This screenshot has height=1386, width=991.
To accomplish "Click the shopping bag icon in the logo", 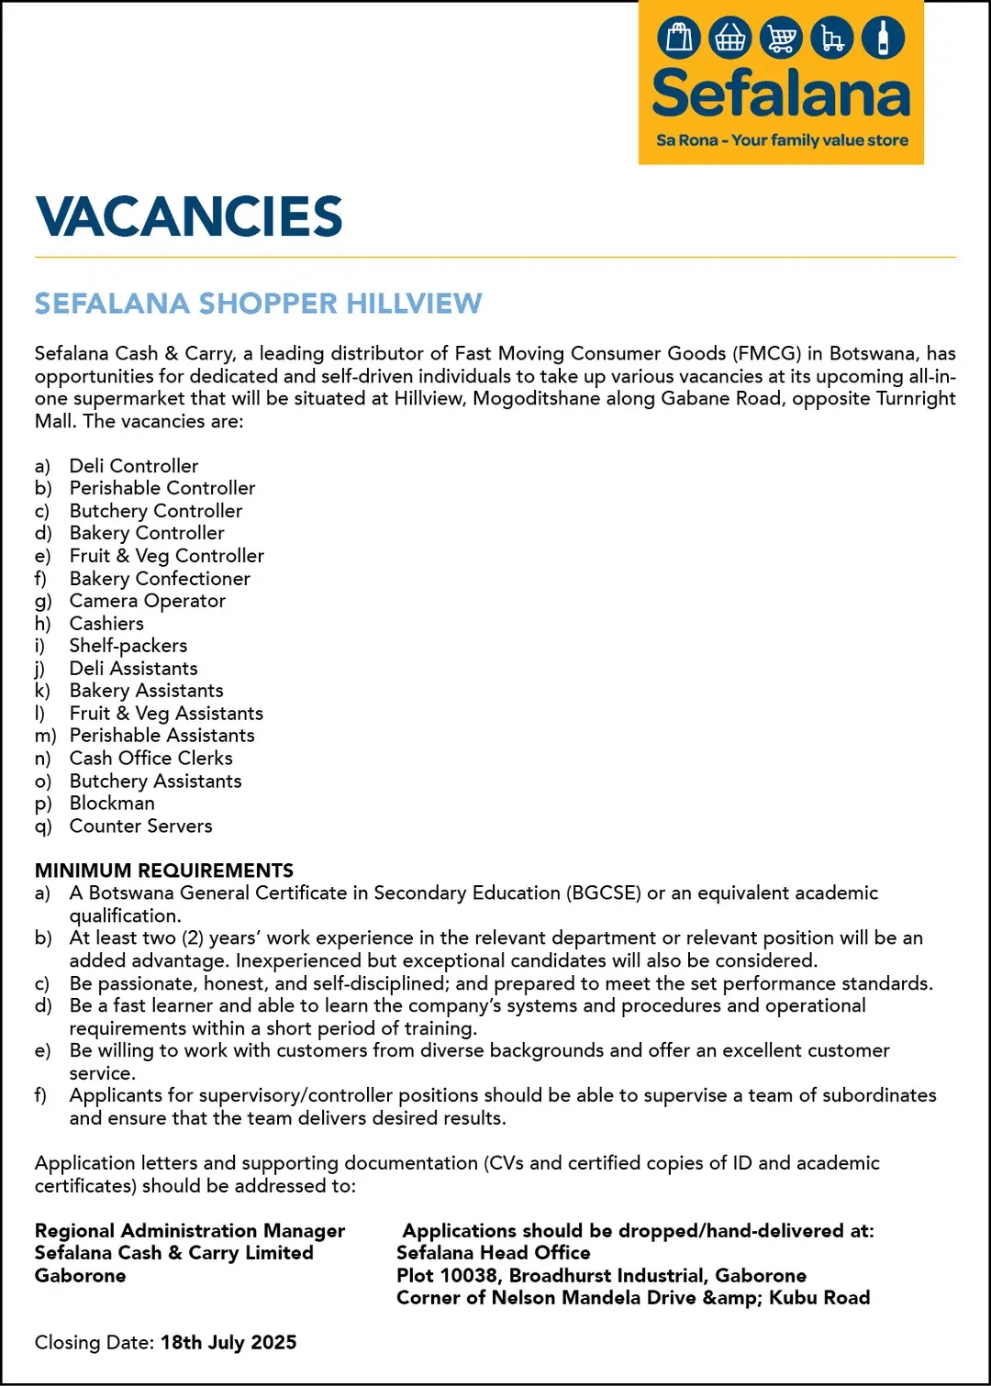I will (679, 39).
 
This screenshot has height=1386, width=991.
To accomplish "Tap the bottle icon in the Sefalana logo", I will (883, 39).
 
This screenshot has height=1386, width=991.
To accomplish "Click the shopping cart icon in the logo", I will (781, 39).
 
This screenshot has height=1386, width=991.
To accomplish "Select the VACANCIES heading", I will (189, 216).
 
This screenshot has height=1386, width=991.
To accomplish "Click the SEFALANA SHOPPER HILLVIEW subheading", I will (258, 304).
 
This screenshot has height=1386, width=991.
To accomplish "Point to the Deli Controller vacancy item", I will (134, 466).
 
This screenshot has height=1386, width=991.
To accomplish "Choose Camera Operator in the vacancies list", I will (148, 601).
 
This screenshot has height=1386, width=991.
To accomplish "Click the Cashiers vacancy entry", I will (106, 624).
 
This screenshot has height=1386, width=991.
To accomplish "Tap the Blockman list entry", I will (112, 804).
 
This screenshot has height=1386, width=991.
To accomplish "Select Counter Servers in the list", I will (140, 826).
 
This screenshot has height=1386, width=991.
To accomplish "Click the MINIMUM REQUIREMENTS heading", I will (164, 870).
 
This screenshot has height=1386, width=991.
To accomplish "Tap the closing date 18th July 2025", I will (228, 1343).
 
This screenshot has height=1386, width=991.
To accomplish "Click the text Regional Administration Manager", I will (190, 1231).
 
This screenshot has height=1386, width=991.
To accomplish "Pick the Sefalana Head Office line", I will (494, 1253).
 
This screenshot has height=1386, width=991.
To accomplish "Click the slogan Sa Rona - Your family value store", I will (782, 140).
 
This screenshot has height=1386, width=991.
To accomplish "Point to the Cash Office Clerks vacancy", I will (151, 759).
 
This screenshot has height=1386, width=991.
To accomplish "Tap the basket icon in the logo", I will (729, 39).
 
